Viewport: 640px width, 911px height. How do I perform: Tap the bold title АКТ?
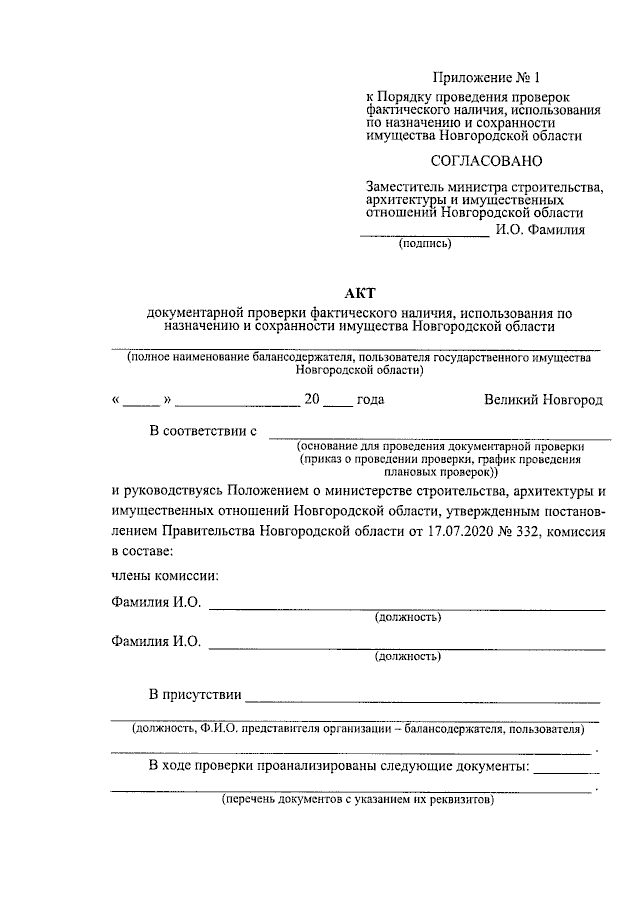(358, 292)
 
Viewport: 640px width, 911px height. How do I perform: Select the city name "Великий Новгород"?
(543, 399)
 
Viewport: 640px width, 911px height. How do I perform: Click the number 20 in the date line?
(311, 399)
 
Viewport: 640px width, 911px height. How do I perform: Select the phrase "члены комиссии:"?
(164, 575)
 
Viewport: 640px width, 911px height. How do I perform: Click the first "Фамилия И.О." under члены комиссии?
(156, 602)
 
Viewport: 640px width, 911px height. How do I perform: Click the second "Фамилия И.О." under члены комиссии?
(156, 642)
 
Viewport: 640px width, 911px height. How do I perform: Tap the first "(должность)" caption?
(408, 617)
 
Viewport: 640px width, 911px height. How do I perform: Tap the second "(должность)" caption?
(408, 657)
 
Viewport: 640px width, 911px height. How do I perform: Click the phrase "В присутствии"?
(194, 694)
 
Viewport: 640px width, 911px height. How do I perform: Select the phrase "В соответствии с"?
(203, 431)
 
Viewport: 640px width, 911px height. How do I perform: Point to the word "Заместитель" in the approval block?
(405, 186)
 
